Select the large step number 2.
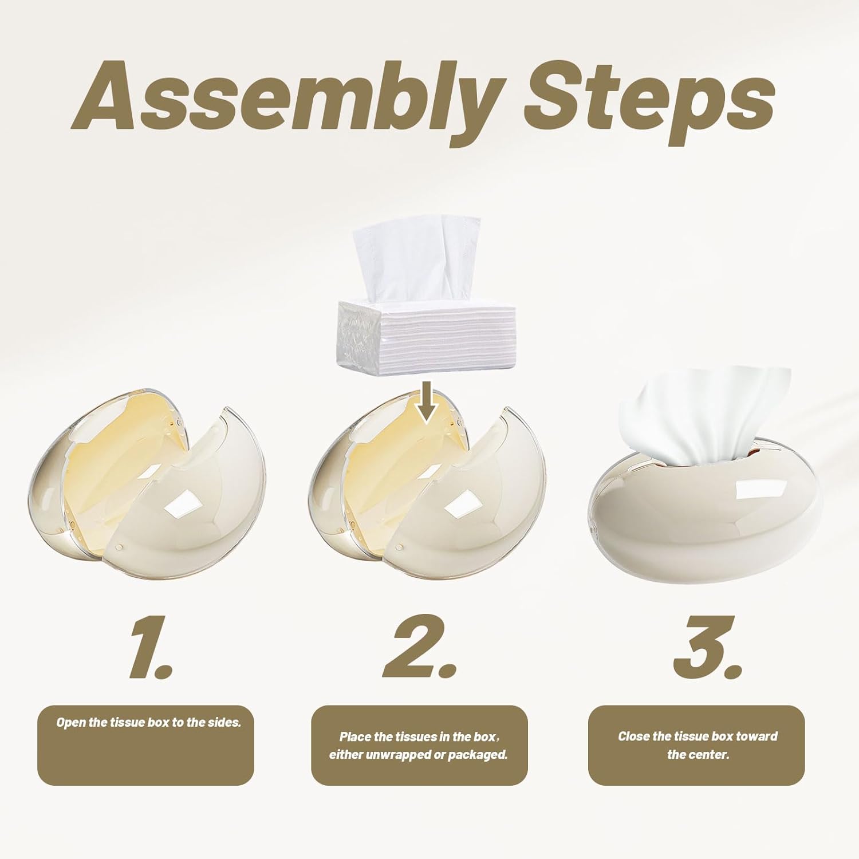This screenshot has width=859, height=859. (x=420, y=647)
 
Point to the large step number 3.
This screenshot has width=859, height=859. (x=708, y=647)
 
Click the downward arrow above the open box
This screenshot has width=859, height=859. (x=427, y=403)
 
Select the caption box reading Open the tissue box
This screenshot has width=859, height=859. (x=146, y=745)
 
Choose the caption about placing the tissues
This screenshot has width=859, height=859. (x=419, y=745)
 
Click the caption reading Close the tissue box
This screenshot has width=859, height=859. (x=696, y=745)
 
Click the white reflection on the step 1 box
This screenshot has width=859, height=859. (x=181, y=505)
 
